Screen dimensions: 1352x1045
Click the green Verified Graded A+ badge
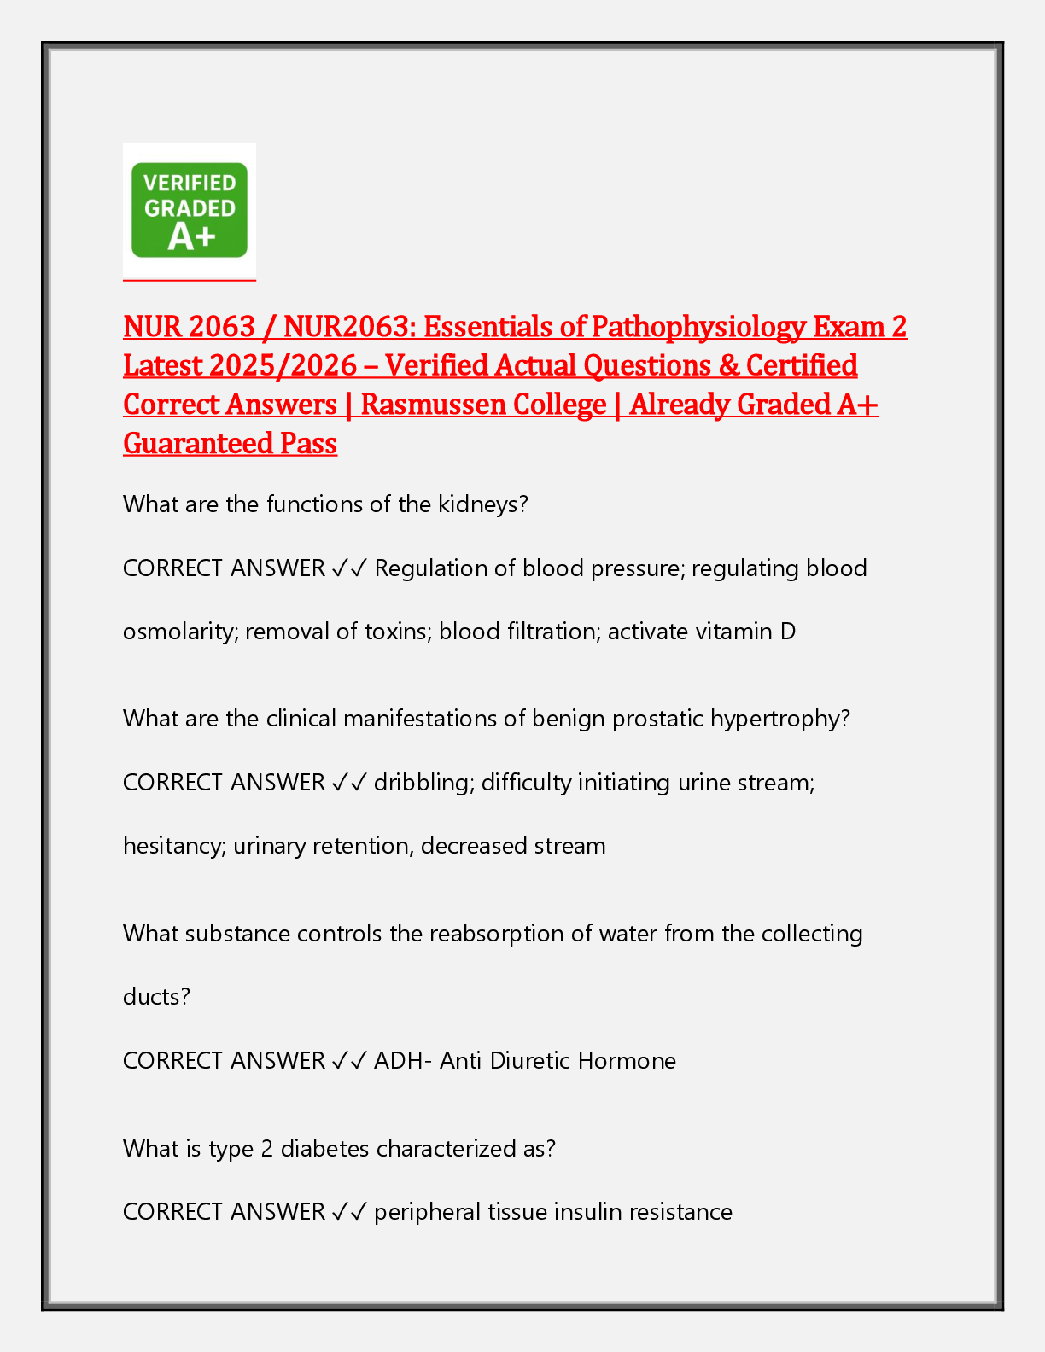tap(190, 210)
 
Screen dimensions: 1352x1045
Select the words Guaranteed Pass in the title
tap(230, 444)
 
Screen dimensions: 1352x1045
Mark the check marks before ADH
tap(349, 1061)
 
